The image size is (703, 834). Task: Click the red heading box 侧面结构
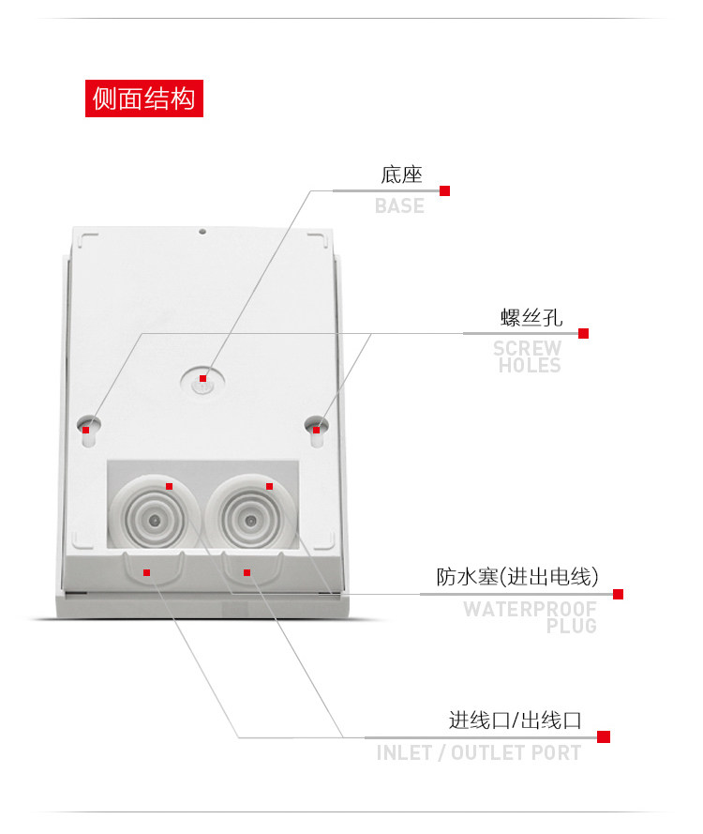[144, 98]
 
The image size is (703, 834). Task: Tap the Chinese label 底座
[401, 174]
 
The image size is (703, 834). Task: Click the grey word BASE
[399, 205]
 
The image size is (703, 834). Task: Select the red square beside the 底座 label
[445, 190]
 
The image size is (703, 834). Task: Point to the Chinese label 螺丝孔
[531, 317]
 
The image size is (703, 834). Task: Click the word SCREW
[528, 349]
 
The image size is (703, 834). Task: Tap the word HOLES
[530, 366]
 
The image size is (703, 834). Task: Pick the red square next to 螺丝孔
[583, 333]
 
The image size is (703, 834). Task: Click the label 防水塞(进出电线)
[517, 576]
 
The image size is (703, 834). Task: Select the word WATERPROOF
[530, 609]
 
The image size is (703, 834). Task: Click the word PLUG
[572, 626]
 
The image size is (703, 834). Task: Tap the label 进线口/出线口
[515, 720]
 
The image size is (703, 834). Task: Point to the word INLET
[404, 752]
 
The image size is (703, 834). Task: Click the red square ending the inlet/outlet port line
[604, 736]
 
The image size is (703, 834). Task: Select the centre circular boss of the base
[202, 379]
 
